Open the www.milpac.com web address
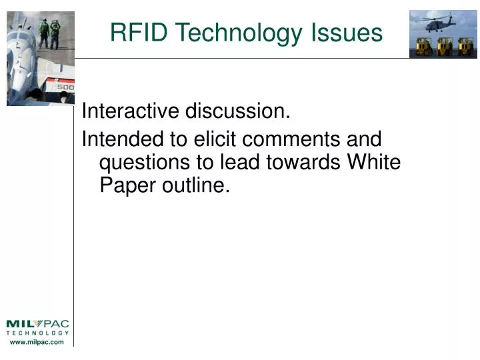(x=37, y=342)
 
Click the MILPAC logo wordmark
(x=37, y=325)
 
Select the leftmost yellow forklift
(x=422, y=47)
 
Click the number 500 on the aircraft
(x=65, y=87)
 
